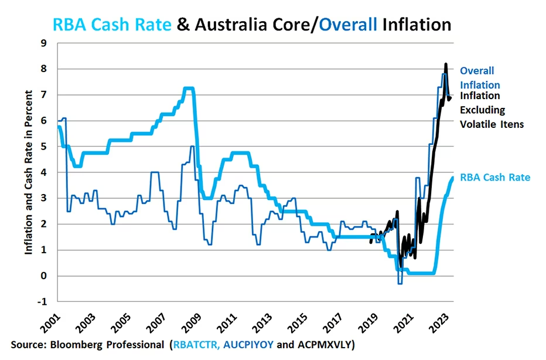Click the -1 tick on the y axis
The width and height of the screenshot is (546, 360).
[x=42, y=302]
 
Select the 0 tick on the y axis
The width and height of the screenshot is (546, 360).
[x=43, y=276]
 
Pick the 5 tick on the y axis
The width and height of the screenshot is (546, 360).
[x=43, y=147]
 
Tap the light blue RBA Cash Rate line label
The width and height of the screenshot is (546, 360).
[x=495, y=176]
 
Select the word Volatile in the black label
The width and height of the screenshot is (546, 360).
[x=479, y=124]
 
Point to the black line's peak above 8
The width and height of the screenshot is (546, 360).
[x=446, y=64]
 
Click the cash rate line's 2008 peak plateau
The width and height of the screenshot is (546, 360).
[x=188, y=89]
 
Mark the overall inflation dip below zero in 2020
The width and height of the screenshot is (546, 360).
[x=400, y=284]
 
